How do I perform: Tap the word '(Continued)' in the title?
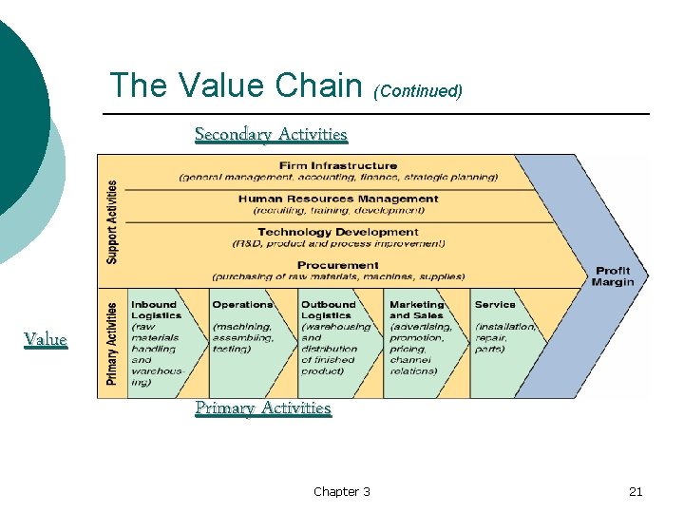[418, 91]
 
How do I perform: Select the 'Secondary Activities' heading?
[271, 134]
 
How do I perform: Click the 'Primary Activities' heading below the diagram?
[263, 408]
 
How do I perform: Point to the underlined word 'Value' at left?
[46, 339]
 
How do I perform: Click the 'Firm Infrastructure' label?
[338, 165]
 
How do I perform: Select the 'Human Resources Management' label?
[338, 199]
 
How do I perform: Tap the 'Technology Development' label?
[338, 232]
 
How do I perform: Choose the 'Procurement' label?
[338, 265]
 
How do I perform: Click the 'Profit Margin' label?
[613, 276]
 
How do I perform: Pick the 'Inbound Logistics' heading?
[155, 310]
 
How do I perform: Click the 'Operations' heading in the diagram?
[242, 305]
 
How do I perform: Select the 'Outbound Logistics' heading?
[328, 310]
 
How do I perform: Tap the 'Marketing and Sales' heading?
[416, 310]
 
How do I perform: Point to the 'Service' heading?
[495, 305]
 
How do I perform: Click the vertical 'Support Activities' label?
[113, 221]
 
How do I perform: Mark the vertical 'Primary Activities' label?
[113, 343]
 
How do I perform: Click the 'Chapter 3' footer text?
[342, 491]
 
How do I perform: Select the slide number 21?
[636, 491]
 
